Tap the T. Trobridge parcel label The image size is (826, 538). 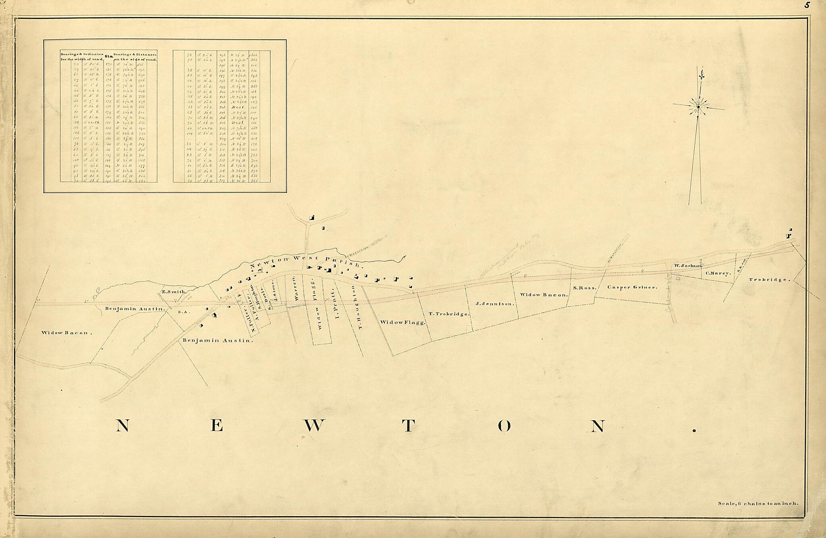[x=449, y=314]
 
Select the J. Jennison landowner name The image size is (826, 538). [x=495, y=304]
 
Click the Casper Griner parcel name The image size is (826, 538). [x=632, y=287]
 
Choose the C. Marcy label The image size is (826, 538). [x=718, y=273]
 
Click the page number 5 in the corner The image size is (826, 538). [x=815, y=5]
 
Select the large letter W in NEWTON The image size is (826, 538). [x=314, y=426]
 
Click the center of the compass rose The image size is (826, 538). [x=699, y=107]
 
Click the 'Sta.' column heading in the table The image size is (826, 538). [x=108, y=57]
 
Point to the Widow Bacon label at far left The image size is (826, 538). [x=67, y=333]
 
